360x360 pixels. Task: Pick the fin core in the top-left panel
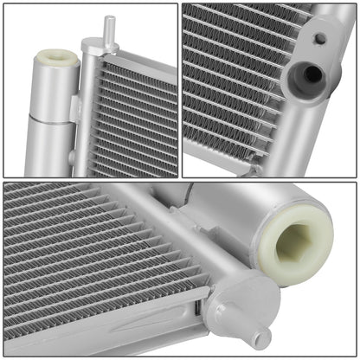[x=134, y=117]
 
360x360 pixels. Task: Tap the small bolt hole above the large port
[x=319, y=39]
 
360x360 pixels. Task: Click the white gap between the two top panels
[x=179, y=87]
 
